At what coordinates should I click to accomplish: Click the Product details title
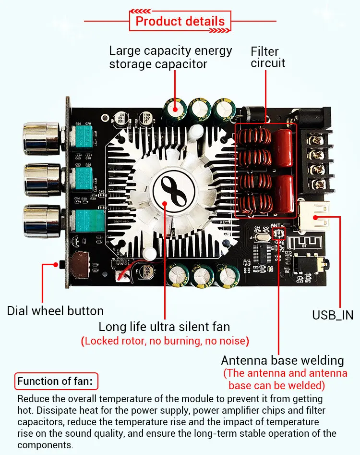(x=180, y=22)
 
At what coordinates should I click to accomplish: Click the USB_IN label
(x=333, y=315)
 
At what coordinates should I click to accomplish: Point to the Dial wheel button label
(x=55, y=310)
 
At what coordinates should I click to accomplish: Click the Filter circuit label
(x=268, y=57)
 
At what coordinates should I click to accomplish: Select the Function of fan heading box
(x=57, y=382)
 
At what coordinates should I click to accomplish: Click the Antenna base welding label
(x=283, y=360)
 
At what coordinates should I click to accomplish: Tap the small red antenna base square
(x=278, y=234)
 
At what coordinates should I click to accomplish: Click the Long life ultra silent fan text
(x=164, y=327)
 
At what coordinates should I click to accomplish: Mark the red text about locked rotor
(x=165, y=342)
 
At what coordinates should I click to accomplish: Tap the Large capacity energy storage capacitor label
(x=170, y=57)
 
